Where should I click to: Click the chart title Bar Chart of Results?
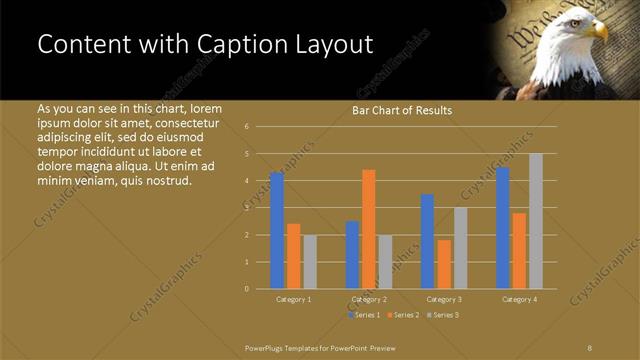pos(402,110)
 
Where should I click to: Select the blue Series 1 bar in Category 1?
pos(277,230)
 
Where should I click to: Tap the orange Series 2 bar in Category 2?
pos(369,229)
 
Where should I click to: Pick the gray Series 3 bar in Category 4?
pos(536,221)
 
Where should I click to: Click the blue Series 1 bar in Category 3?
pos(427,241)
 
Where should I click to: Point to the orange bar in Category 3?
pos(444,264)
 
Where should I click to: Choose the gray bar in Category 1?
pos(310,261)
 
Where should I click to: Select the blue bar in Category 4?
pos(502,227)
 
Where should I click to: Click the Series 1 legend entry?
pos(363,315)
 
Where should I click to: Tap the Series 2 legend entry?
pos(401,315)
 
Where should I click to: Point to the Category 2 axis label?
pos(369,299)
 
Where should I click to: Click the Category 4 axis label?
pos(519,299)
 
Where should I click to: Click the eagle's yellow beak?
pos(599,31)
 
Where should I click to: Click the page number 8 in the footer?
pos(589,346)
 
